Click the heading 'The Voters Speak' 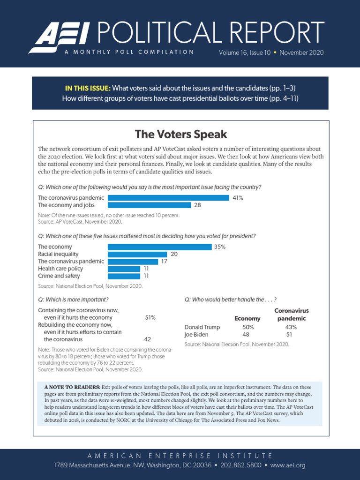[x=180, y=135]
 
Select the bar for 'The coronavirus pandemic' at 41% [x=168, y=198]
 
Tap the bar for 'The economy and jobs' [x=149, y=205]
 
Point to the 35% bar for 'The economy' [x=159, y=247]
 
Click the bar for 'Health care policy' [x=124, y=269]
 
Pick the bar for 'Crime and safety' [x=124, y=276]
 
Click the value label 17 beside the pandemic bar [x=164, y=262]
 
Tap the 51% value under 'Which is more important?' [x=150, y=317]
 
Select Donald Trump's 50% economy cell [x=247, y=327]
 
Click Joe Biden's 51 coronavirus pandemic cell [x=289, y=335]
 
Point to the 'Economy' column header [x=247, y=319]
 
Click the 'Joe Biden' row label [x=196, y=335]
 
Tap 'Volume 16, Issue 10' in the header [x=244, y=52]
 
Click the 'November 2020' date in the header [x=301, y=52]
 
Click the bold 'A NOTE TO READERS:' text [x=72, y=387]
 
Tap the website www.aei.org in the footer [x=287, y=465]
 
